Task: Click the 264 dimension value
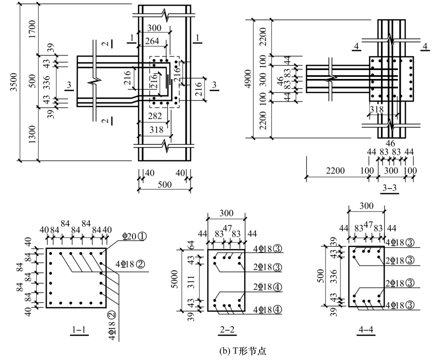tap(152, 41)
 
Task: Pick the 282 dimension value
tap(155, 116)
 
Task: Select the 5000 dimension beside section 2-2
tap(174, 279)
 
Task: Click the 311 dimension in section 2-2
tap(192, 282)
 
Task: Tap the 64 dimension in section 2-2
tap(192, 244)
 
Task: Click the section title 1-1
tap(79, 330)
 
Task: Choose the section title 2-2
tap(227, 330)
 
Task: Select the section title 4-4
tap(366, 330)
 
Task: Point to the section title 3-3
tap(389, 188)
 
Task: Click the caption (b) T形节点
tap(243, 351)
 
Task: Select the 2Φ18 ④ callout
tap(268, 287)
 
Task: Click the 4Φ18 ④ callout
tap(268, 310)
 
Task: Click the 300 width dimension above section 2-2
tap(227, 213)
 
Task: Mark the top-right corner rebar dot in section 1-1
tap(101, 254)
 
